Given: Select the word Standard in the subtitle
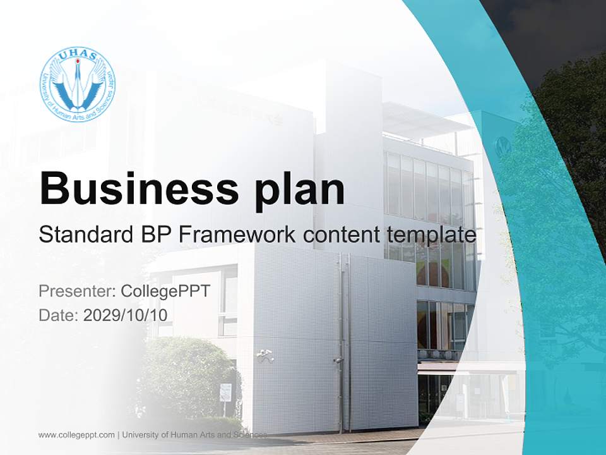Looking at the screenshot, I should (83, 234).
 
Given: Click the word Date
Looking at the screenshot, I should (58, 314).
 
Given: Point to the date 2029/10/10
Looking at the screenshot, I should (126, 314).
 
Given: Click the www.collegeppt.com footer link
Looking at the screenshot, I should (76, 435).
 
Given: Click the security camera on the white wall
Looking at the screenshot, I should (265, 355).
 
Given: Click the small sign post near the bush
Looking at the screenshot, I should (225, 393).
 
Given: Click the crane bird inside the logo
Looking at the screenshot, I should (78, 85).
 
